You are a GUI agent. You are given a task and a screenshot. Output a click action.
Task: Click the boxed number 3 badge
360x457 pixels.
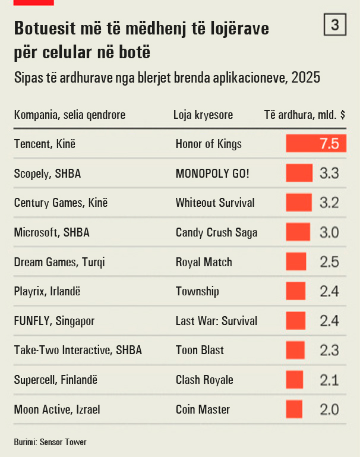pyautogui.click(x=335, y=24)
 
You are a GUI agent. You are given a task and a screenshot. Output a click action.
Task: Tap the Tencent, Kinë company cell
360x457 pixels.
pyautogui.click(x=45, y=144)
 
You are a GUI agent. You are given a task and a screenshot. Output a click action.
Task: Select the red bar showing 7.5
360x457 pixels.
pyautogui.click(x=316, y=143)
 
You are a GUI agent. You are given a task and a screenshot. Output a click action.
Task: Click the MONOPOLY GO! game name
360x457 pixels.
pyautogui.click(x=212, y=174)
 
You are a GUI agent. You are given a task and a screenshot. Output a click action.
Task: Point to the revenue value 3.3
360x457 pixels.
pyautogui.click(x=330, y=173)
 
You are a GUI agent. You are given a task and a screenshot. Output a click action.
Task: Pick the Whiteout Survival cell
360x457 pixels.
pyautogui.click(x=215, y=203)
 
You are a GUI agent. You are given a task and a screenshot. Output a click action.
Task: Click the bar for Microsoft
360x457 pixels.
pyautogui.click(x=298, y=232)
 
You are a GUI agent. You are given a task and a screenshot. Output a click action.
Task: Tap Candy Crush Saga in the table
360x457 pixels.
pyautogui.click(x=216, y=232)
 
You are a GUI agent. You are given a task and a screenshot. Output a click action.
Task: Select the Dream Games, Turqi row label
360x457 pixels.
pyautogui.click(x=59, y=262)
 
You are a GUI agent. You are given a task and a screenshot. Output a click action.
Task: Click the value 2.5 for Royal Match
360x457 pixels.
pyautogui.click(x=330, y=261)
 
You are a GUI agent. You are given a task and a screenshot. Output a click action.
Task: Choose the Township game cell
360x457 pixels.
pyautogui.click(x=197, y=291)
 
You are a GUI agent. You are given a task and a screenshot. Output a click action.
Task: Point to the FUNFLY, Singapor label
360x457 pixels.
pyautogui.click(x=54, y=321)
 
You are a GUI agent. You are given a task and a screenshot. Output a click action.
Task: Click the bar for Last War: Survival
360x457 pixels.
pyautogui.click(x=296, y=320)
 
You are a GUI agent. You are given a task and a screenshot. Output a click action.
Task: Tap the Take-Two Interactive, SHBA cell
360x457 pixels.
pyautogui.click(x=78, y=351)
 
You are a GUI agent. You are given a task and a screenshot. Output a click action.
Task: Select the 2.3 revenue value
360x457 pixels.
pyautogui.click(x=330, y=351)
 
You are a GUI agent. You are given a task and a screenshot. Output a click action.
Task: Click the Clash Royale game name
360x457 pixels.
pyautogui.click(x=204, y=380)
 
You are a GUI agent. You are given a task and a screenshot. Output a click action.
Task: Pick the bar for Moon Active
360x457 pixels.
pyautogui.click(x=294, y=409)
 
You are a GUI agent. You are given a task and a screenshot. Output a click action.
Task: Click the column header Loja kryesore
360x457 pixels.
pyautogui.click(x=203, y=115)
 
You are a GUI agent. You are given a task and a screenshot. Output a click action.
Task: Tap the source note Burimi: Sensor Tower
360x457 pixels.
pyautogui.click(x=50, y=442)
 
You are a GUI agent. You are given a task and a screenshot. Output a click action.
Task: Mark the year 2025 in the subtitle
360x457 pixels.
pyautogui.click(x=306, y=77)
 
